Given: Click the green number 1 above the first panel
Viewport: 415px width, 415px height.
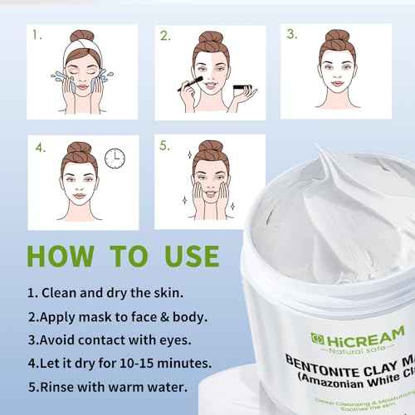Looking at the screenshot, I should coord(37,36).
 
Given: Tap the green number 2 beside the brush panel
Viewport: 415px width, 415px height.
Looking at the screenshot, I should coord(166,36).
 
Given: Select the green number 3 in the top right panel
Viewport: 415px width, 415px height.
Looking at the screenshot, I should coord(291,35).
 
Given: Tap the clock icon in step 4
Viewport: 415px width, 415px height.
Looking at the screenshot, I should coord(115,157).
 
